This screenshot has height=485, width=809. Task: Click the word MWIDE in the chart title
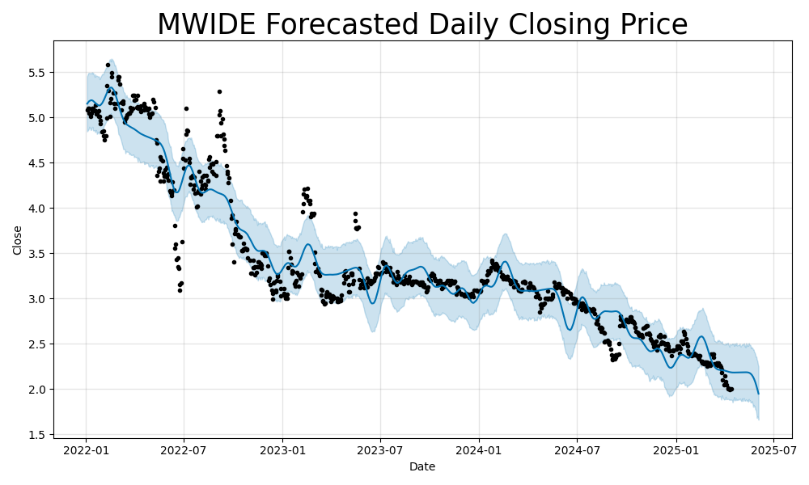pos(205,24)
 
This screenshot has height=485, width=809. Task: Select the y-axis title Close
pos(18,240)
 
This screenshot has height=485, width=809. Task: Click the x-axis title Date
pos(422,467)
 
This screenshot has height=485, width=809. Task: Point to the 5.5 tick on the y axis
pos(37,73)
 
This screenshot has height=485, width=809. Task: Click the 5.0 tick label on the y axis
pos(37,118)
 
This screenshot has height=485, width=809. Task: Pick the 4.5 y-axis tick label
pos(37,163)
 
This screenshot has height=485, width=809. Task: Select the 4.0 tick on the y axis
pos(37,209)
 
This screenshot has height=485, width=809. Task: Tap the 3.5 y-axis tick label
pos(37,254)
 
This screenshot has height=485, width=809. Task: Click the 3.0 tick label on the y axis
pos(37,299)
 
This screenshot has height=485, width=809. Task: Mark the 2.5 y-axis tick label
pos(37,344)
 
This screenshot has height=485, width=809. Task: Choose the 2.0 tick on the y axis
pos(37,390)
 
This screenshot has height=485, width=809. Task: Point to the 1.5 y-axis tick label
pos(37,435)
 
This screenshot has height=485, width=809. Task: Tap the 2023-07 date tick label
pos(380,449)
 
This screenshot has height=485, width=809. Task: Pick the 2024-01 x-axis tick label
pos(479,449)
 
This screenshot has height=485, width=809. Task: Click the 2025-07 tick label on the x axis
pos(773,449)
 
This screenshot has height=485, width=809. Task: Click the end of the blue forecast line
pos(758,394)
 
